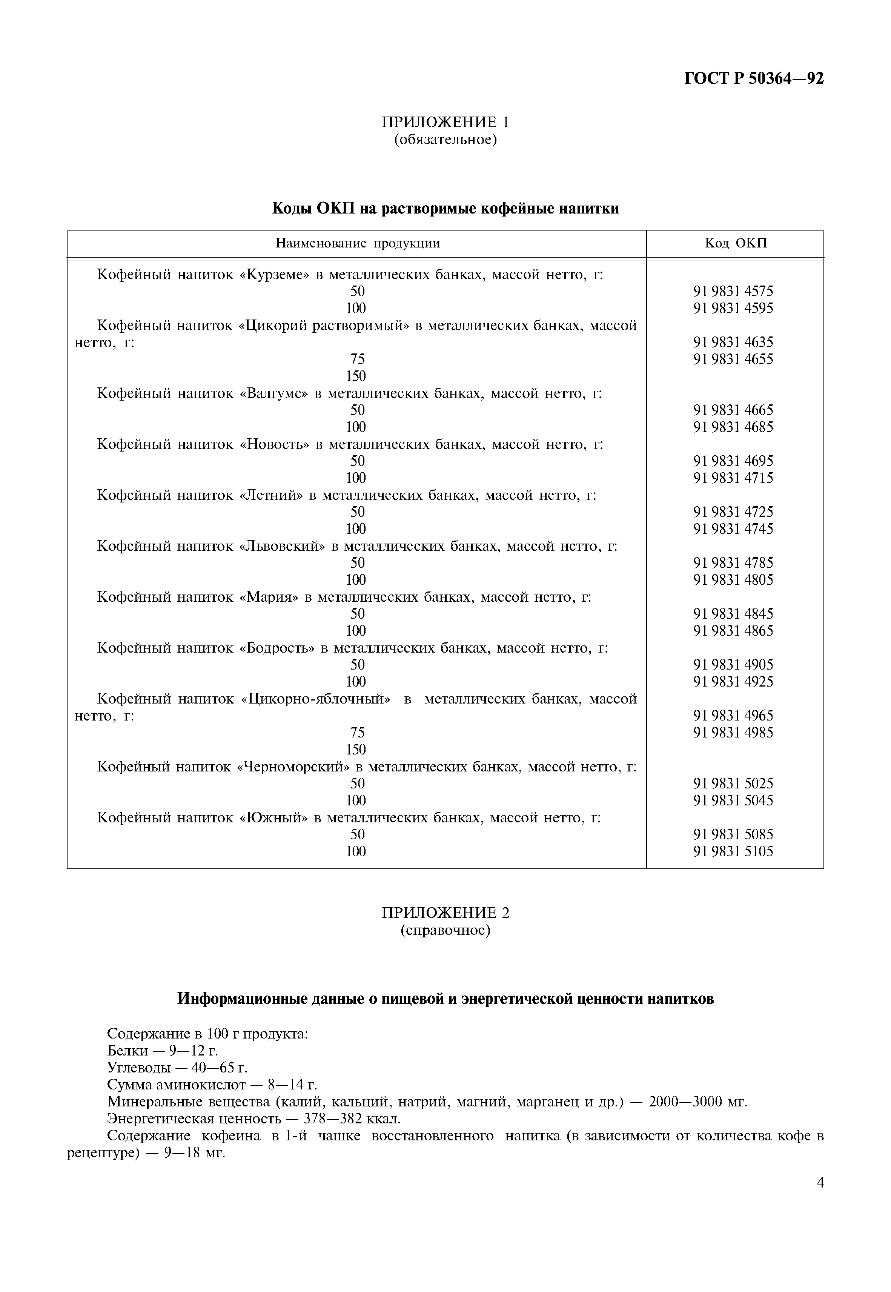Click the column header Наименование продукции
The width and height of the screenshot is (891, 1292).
tap(357, 243)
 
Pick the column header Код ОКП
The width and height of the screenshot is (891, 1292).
tap(736, 243)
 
